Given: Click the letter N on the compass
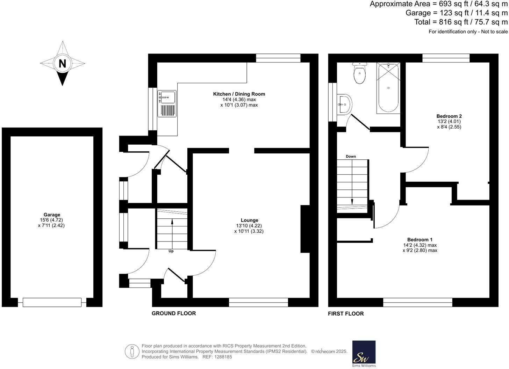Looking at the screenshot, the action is coord(62,64).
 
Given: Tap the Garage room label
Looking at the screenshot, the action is coord(52,215).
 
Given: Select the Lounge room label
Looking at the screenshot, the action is coord(250,220).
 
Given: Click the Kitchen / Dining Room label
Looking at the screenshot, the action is coord(239,94).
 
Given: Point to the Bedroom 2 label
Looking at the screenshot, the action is coord(449,116).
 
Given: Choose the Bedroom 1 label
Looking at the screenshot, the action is coord(420,240).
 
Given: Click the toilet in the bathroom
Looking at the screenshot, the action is coord(359,73).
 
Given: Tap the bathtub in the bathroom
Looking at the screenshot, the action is coord(388,88).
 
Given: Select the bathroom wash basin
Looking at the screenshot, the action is coord(344,104).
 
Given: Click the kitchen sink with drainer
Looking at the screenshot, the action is coord(167,104).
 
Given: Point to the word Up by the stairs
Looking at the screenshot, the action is coord(171,251).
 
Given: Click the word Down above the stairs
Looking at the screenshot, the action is coord(351,157).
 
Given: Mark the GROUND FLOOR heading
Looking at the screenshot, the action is coord(174,313).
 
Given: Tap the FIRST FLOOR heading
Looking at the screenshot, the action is coord(346,313).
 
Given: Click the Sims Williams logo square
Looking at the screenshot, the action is coord(364,352).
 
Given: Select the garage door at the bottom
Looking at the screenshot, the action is coord(52,302).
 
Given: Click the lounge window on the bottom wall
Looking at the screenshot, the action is coord(258,302).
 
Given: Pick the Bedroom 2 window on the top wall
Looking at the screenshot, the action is coord(446,58).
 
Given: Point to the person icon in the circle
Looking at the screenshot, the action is coord(132,352).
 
